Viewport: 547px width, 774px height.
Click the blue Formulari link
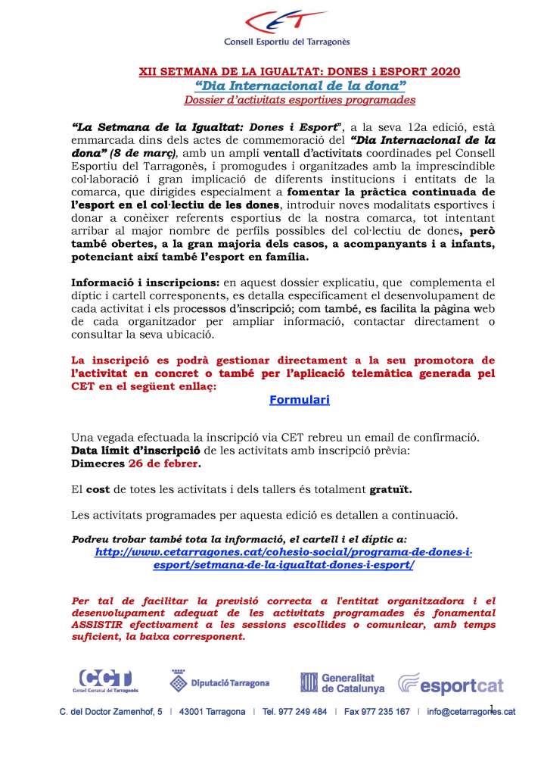[x=300, y=399]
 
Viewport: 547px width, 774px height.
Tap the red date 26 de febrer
[x=162, y=463]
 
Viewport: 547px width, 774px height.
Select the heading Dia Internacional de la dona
[x=300, y=85]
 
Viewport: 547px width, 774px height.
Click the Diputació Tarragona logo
[x=219, y=682]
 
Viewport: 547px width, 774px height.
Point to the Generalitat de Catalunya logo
[x=342, y=682]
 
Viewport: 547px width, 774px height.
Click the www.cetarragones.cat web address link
[x=284, y=559]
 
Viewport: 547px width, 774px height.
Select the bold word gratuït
[x=390, y=489]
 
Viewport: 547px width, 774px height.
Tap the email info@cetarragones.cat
[x=471, y=712]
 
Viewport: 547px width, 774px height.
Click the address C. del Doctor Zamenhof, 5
[x=111, y=712]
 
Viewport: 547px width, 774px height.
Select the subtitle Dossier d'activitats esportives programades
[x=300, y=99]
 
